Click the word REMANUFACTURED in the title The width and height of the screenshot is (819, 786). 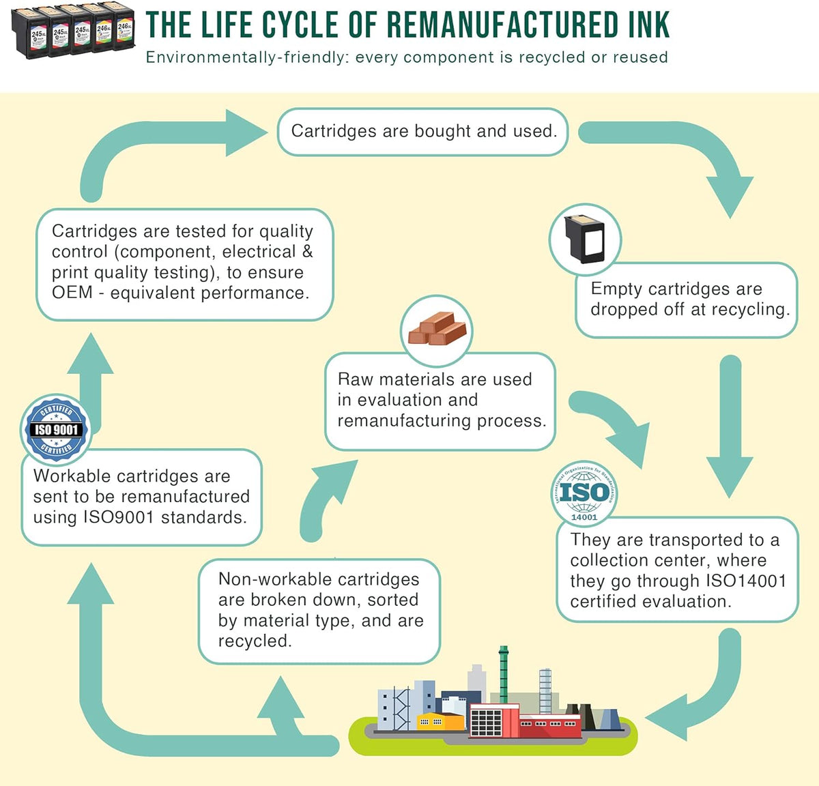point(502,25)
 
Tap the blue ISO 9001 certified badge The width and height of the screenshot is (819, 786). point(57,430)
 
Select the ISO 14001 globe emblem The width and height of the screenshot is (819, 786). point(584,493)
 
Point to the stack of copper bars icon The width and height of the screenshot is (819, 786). point(437,328)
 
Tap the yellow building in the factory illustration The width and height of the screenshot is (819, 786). point(440,722)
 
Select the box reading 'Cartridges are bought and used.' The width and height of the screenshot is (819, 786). point(423,132)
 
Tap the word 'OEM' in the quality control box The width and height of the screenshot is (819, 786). point(72,293)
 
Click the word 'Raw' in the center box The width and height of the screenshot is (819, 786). point(356,379)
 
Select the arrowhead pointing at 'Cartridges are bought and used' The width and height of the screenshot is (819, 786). point(246,132)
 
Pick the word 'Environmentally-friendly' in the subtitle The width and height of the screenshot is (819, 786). point(248,57)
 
